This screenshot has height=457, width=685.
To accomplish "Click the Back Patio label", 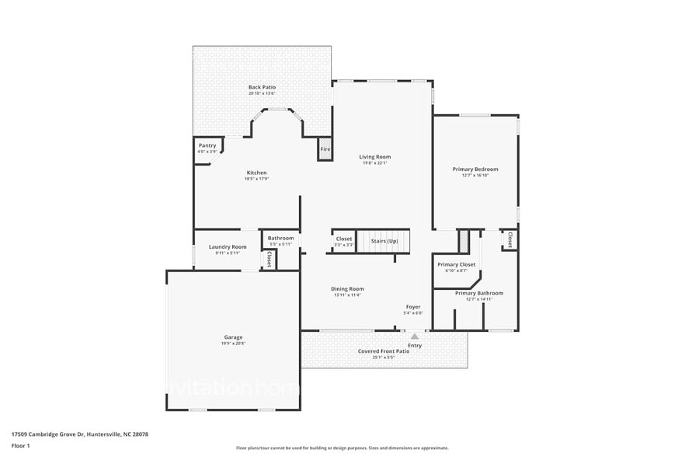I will pyautogui.click(x=262, y=87).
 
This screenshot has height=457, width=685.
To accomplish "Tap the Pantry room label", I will pyautogui.click(x=207, y=145).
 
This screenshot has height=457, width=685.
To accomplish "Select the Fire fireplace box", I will pyautogui.click(x=325, y=149).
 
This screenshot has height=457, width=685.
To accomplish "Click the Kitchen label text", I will pyautogui.click(x=256, y=173).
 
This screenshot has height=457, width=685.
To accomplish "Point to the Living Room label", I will pyautogui.click(x=374, y=157).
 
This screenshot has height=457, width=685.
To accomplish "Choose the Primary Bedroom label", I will pyautogui.click(x=475, y=169).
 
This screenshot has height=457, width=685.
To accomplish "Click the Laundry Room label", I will pyautogui.click(x=228, y=246).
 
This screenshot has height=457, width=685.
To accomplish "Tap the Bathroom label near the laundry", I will pyautogui.click(x=280, y=238).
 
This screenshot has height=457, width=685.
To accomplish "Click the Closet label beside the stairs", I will pyautogui.click(x=344, y=239).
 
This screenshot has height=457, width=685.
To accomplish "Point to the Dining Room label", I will pyautogui.click(x=347, y=288).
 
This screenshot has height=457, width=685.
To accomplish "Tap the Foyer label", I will pyautogui.click(x=414, y=307).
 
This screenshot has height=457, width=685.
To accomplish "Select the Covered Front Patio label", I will pyautogui.click(x=383, y=351).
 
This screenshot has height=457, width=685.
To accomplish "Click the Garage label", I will pyautogui.click(x=233, y=337).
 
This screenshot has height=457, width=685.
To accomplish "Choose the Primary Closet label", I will pyautogui.click(x=456, y=264).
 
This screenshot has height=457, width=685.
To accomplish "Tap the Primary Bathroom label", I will pyautogui.click(x=479, y=293).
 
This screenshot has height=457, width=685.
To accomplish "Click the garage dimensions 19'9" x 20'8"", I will pyautogui.click(x=233, y=343).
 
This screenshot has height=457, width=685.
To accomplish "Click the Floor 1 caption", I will pyautogui.click(x=20, y=445).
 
